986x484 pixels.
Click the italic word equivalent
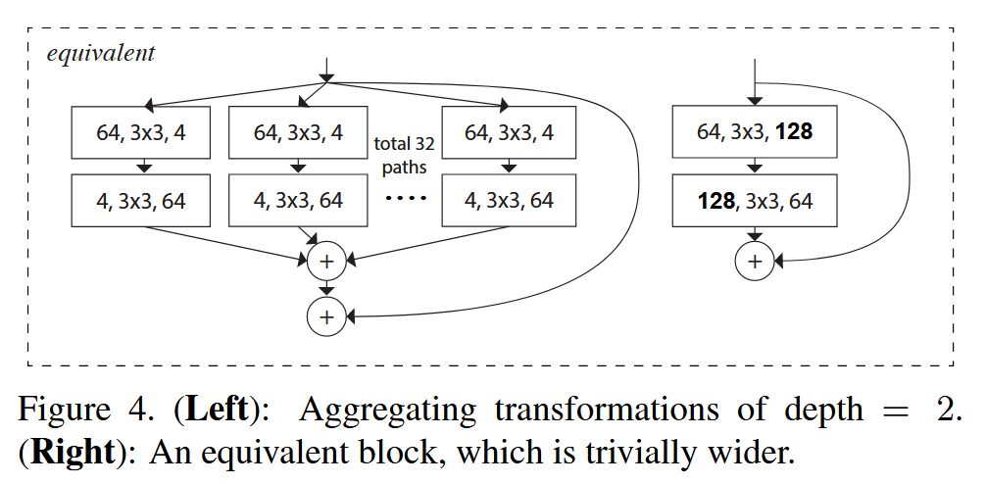tap(100, 53)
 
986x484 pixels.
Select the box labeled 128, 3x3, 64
tap(755, 202)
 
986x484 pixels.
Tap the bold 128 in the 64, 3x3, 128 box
tap(793, 131)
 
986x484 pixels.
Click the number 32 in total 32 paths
tap(423, 144)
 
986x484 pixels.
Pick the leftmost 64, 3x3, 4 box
tap(141, 132)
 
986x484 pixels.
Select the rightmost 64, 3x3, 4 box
tap(509, 132)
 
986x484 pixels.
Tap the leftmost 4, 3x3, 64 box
tap(141, 202)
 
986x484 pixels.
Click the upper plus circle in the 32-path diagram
tap(326, 262)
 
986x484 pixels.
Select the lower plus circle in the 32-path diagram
tap(326, 315)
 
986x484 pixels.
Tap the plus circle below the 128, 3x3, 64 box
tap(755, 262)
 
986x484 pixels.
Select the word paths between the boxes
tap(405, 167)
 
